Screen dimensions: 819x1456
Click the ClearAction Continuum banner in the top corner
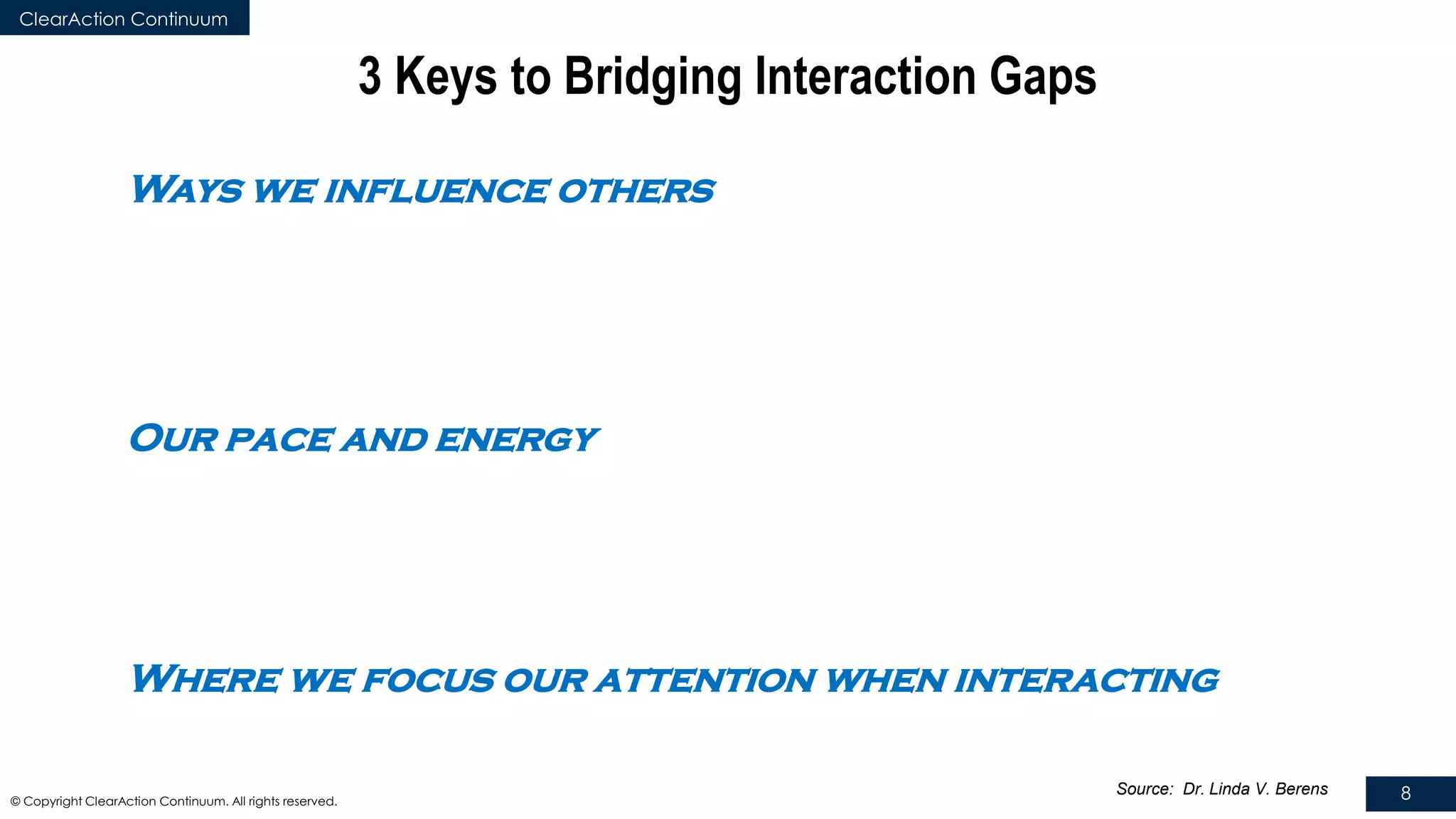click(x=124, y=18)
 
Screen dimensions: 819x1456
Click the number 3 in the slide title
click(x=370, y=76)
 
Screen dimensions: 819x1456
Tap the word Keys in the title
click(x=446, y=76)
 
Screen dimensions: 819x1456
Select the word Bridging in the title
click(x=653, y=76)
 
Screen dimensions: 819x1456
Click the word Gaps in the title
click(x=1043, y=76)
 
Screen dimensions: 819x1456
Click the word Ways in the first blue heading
click(x=187, y=191)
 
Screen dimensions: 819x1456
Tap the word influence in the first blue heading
click(x=435, y=191)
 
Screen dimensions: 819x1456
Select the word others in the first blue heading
click(x=635, y=191)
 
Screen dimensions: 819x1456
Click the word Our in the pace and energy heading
click(x=173, y=439)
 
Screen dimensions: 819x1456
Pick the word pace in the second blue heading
click(x=278, y=440)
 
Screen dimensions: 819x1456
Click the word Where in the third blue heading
click(x=205, y=680)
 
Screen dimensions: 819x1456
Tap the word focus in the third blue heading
click(x=427, y=680)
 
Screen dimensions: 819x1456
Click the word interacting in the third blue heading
click(x=1086, y=680)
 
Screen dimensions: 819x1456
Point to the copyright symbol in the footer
click(x=16, y=802)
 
